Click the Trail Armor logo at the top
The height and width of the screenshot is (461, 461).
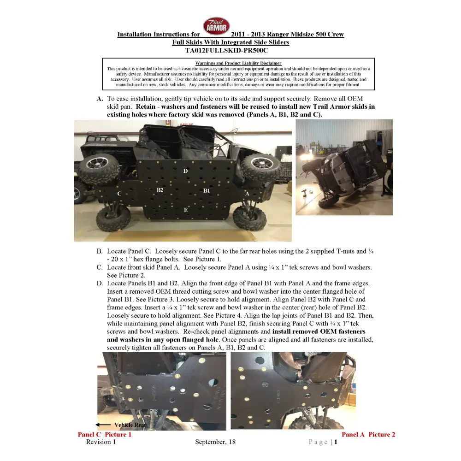click(x=216, y=26)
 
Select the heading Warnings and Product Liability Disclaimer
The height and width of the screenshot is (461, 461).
click(x=238, y=63)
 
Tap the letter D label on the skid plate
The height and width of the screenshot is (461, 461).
click(x=185, y=171)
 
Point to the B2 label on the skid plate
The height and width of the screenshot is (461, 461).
click(x=160, y=190)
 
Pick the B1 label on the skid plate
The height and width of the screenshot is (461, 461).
click(x=207, y=190)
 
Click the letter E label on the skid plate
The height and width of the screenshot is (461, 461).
click(x=186, y=210)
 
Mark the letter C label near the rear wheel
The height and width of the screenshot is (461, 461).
click(x=119, y=194)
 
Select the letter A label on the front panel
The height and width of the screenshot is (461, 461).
click(x=247, y=194)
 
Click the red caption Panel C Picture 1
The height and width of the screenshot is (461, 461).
click(x=105, y=434)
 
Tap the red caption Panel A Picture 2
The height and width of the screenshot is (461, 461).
click(x=368, y=434)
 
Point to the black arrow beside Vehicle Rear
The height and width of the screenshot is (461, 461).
click(x=103, y=425)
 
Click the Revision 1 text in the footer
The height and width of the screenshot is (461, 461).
click(x=101, y=442)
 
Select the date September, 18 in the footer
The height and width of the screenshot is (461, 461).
click(x=215, y=442)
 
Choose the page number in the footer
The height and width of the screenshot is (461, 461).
click(x=336, y=442)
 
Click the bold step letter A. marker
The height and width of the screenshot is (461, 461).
click(x=100, y=99)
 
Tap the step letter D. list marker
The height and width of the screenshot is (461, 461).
click(x=100, y=284)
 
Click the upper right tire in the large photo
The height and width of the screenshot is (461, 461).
click(x=260, y=168)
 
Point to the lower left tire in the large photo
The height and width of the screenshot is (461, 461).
click(x=113, y=217)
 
